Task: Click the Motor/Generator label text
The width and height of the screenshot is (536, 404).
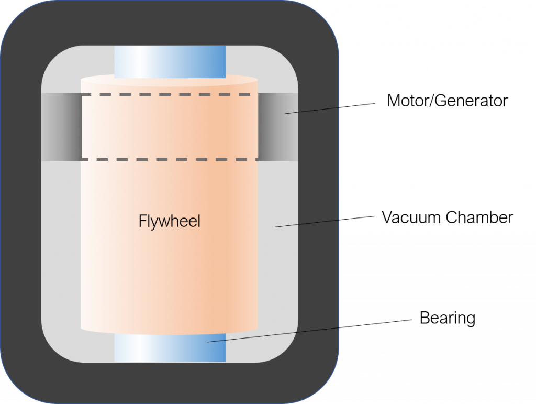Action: point(447,101)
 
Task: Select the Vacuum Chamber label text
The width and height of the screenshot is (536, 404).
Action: point(447,217)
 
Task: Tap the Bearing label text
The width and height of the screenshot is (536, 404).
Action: point(448,319)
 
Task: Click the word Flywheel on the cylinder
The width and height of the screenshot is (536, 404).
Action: point(169,221)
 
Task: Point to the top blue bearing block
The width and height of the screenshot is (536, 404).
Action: point(170,62)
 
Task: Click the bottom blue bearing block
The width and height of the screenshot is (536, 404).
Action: point(170,347)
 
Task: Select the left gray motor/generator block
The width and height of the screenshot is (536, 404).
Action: point(62,127)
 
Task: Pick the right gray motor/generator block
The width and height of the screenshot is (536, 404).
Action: point(278,127)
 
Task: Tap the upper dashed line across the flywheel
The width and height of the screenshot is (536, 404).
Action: point(170,94)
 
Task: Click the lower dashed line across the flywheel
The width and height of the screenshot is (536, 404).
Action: point(170,159)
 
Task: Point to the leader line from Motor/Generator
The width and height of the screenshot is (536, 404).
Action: point(330,108)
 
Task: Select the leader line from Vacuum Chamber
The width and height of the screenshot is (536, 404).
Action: point(325,221)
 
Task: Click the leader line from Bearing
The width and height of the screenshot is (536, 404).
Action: point(310,331)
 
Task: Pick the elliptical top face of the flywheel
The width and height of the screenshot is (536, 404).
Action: point(169,81)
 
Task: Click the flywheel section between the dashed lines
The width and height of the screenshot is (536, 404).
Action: point(170,127)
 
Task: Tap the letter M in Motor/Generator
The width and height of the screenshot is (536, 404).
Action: point(394,101)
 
